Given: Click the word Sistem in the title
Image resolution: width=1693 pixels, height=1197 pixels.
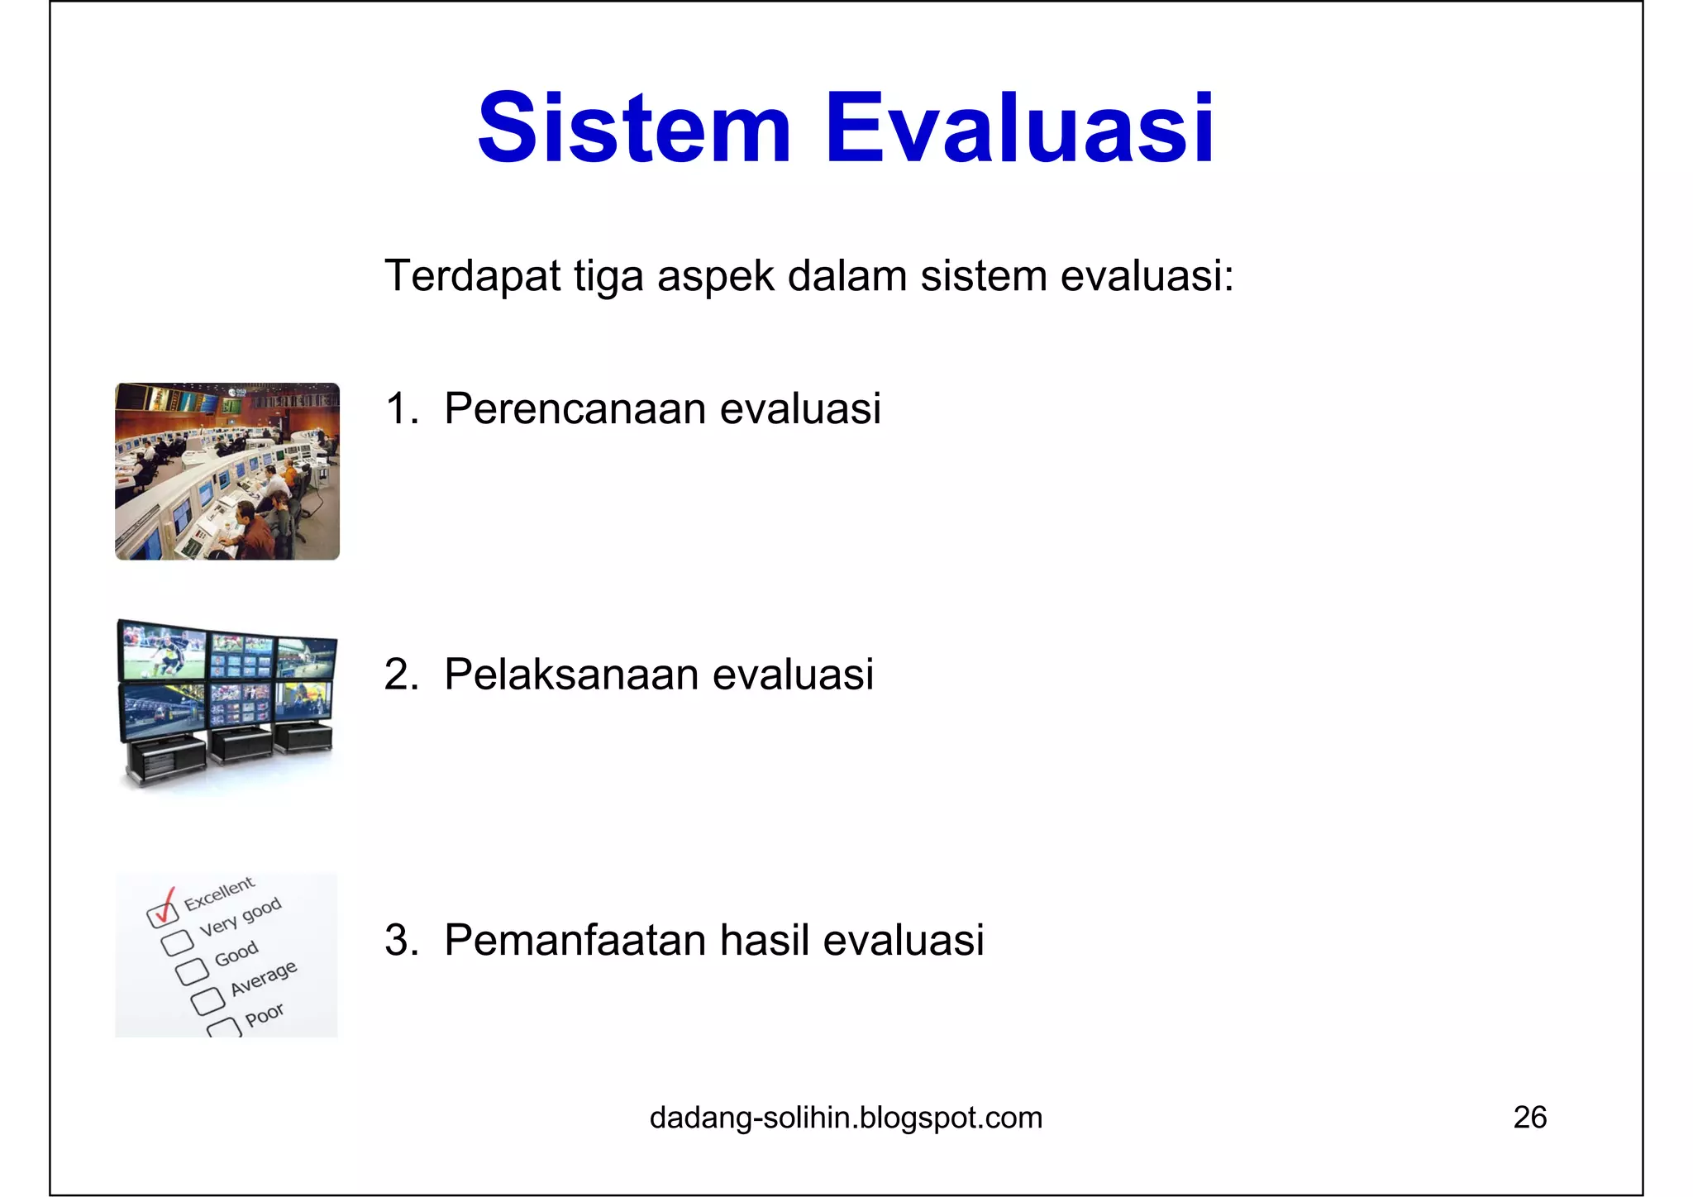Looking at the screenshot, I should [635, 129].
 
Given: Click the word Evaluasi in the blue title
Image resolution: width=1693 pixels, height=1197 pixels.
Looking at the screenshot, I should [1019, 129].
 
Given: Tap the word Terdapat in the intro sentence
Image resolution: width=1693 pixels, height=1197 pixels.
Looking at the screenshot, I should [473, 275].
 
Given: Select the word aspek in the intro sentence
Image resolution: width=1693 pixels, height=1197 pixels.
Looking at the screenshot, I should [716, 275].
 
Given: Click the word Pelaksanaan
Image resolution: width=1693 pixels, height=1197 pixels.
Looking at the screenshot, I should [571, 674].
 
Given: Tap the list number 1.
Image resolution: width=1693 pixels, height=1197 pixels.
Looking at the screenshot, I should [399, 408].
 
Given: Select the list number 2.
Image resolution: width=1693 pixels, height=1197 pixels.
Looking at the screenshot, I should [399, 674].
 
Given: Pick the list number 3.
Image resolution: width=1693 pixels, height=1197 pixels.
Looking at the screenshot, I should [399, 940].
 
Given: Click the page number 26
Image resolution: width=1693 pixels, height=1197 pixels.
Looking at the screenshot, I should [1529, 1118].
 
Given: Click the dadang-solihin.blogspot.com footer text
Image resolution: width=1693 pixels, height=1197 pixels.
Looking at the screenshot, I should [846, 1118].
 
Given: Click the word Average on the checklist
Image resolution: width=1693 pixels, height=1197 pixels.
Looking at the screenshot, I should [263, 978].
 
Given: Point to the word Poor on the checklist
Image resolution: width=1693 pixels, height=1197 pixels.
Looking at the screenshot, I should [265, 1014].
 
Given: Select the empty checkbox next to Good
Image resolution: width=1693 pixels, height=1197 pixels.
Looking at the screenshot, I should [192, 971].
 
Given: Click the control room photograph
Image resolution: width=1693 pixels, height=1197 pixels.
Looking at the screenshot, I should [227, 471].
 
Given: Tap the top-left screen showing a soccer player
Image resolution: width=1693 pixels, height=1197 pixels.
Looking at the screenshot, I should [163, 652].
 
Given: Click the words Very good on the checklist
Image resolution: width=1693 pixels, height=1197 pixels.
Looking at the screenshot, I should [241, 916].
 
